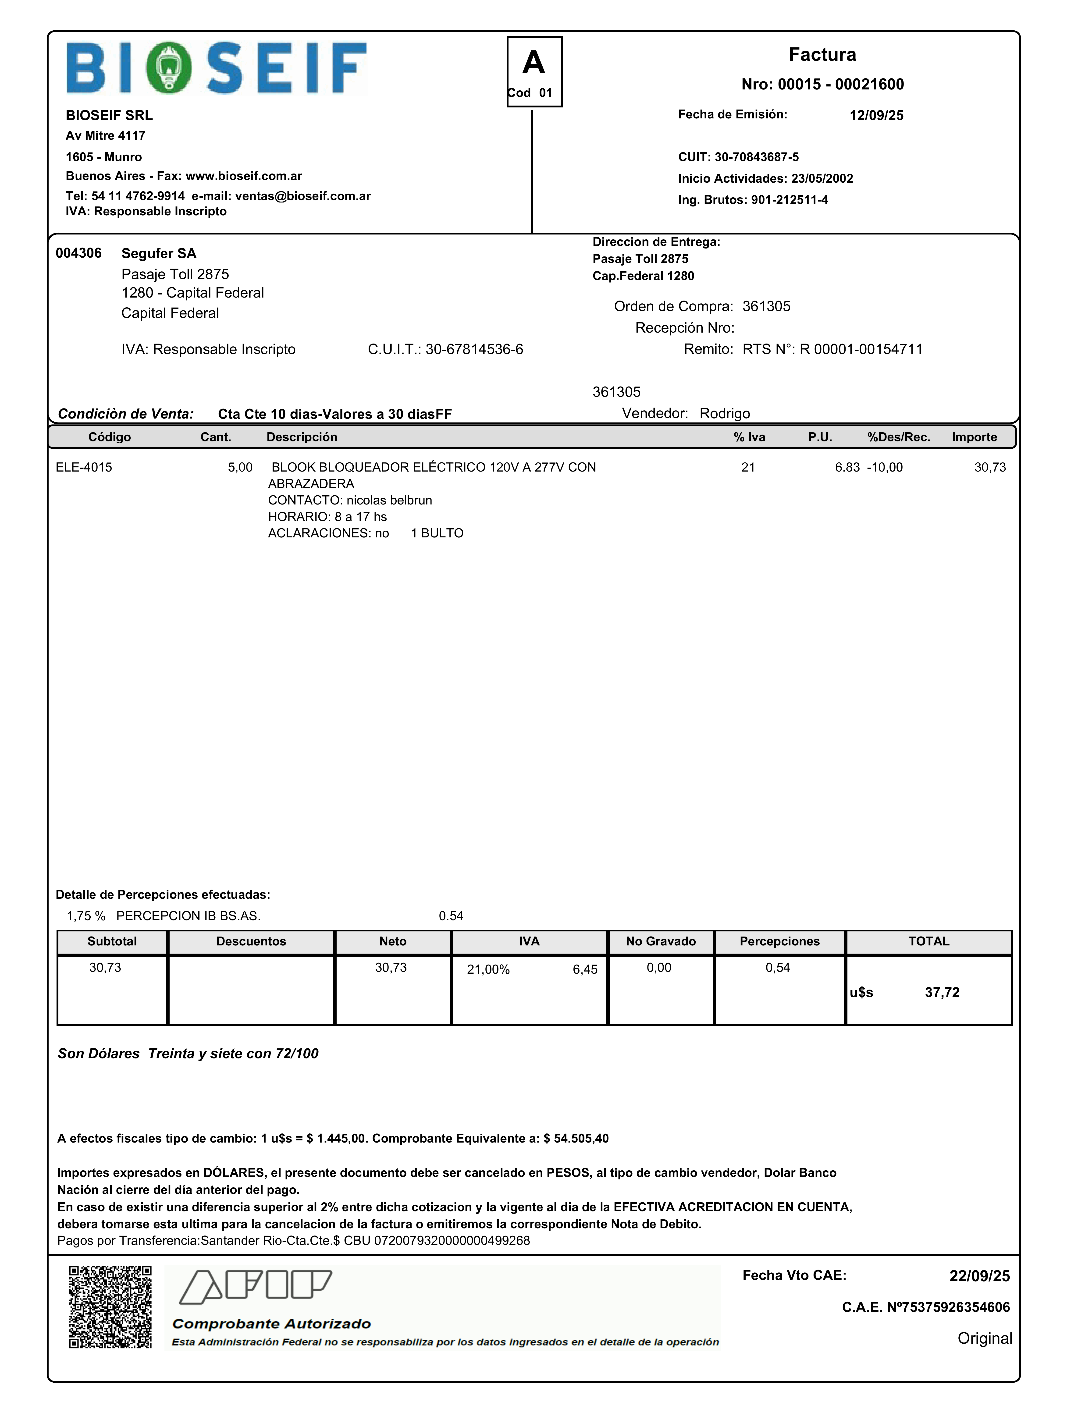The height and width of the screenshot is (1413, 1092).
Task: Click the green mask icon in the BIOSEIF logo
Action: tap(168, 68)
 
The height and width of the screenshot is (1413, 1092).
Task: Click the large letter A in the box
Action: tap(534, 63)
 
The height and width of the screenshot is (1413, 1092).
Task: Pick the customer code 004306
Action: tap(78, 253)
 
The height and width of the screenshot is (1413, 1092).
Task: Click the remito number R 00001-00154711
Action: tap(861, 349)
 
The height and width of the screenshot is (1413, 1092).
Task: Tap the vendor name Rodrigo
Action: tap(725, 413)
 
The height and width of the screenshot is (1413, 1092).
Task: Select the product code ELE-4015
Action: tap(83, 467)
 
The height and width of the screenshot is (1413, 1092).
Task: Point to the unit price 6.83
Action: tap(847, 467)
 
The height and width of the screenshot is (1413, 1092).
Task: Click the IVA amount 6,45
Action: tap(585, 969)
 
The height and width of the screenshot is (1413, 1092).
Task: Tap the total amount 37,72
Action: tap(942, 992)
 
